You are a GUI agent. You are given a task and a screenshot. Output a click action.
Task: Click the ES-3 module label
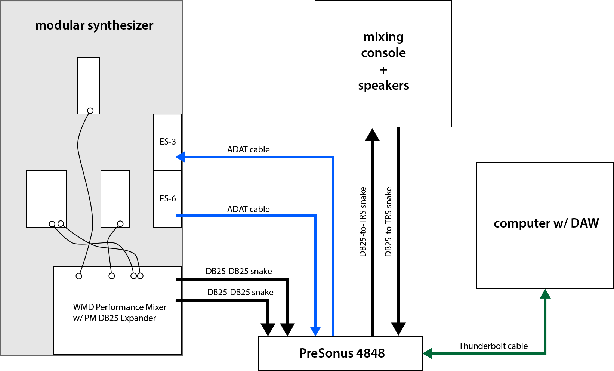[168, 142]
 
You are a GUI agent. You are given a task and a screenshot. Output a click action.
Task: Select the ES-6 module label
[168, 198]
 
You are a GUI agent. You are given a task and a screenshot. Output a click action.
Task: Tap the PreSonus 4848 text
[342, 353]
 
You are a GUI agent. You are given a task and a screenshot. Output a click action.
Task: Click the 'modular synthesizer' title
[94, 25]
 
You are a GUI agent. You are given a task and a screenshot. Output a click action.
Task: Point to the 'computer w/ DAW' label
[546, 223]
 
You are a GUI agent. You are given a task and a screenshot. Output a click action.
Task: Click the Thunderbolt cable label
[493, 346]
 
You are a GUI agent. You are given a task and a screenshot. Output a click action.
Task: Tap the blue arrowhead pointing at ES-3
[180, 157]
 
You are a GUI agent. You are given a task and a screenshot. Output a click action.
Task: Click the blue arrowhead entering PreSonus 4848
[315, 331]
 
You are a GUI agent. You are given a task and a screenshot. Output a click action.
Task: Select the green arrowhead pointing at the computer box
[545, 294]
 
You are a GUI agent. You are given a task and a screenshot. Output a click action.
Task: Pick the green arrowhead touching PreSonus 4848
[427, 353]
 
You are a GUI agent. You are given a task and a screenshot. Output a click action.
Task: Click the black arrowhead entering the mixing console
[372, 135]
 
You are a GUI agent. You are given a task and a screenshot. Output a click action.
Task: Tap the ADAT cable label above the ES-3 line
[249, 149]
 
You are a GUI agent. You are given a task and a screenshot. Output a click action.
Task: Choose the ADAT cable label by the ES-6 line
[249, 209]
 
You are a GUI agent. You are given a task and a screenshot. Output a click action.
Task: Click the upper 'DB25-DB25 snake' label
[239, 271]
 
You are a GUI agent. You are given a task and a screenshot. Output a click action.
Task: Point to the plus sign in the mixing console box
[383, 70]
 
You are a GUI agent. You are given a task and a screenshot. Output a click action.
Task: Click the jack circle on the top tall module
[90, 111]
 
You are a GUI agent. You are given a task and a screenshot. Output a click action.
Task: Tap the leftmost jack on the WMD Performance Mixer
[79, 276]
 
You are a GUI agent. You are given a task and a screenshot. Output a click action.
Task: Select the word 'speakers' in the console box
[383, 86]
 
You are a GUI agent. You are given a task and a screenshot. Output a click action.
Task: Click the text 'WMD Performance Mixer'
[120, 307]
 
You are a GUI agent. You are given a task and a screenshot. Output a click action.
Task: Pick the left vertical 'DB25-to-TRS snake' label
[362, 222]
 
